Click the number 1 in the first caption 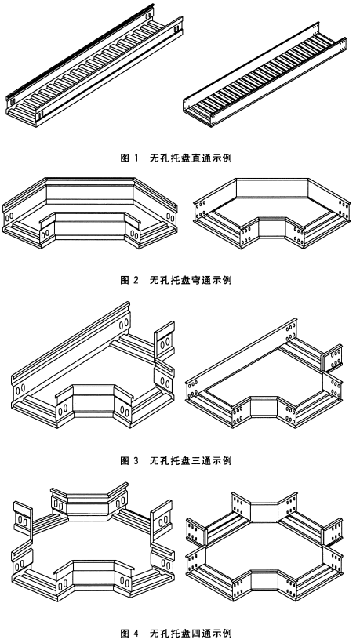point(135,158)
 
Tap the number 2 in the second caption point(135,280)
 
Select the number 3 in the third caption point(135,461)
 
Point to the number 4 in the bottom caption point(135,631)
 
